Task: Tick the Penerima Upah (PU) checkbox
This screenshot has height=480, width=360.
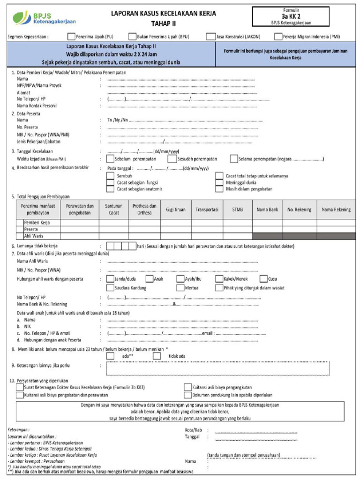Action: [x=71, y=36]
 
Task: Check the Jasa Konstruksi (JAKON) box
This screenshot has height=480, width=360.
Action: [x=209, y=36]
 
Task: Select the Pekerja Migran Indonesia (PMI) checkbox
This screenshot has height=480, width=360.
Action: [x=278, y=36]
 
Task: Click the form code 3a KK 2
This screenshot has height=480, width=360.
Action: [x=291, y=15]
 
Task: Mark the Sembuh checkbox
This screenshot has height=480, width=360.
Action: [x=110, y=176]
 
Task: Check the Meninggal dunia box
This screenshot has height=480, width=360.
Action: [x=219, y=182]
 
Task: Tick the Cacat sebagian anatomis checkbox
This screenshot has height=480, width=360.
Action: [x=110, y=189]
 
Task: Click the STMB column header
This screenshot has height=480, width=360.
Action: [x=238, y=210]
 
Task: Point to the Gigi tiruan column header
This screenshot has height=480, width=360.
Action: [x=176, y=210]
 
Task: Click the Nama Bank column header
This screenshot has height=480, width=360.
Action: [x=267, y=210]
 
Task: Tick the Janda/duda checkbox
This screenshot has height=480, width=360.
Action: [x=111, y=279]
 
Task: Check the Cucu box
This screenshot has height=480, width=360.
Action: [x=264, y=279]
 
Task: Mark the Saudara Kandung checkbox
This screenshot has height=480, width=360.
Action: [x=111, y=288]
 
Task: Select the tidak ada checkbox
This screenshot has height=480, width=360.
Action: [x=157, y=356]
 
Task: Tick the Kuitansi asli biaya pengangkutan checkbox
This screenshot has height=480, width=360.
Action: [x=187, y=387]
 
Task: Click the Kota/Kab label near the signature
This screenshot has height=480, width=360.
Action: [x=193, y=429]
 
